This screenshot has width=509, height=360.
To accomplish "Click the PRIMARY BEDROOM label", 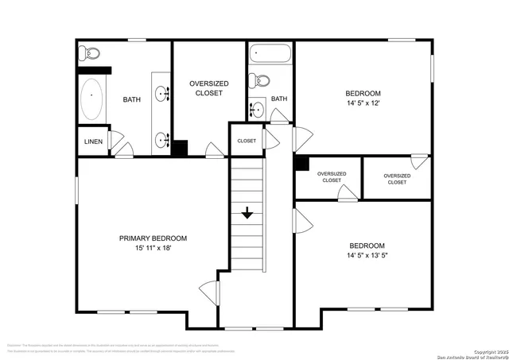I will point(153,238).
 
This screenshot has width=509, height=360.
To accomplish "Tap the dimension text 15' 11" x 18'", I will point(153,248).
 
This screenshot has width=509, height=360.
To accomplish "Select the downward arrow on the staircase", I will point(247,213).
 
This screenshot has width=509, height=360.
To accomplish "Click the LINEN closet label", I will point(91,141).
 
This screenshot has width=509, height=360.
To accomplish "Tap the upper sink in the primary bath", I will point(165,95).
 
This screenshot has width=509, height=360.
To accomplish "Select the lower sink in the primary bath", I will point(164,140).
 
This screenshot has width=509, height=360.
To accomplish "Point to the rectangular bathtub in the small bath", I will point(269,55).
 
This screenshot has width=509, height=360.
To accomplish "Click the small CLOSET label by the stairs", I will point(247,141).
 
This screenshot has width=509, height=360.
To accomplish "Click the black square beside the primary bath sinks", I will point(180,148).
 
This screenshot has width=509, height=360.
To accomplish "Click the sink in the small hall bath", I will point(257,110).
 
